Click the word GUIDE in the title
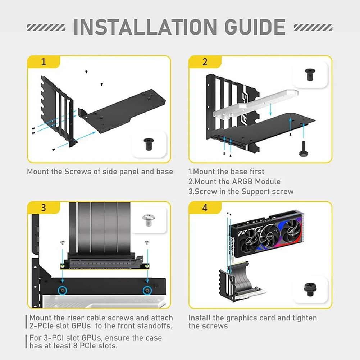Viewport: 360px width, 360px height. click(249, 27)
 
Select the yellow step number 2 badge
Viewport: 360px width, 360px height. click(205, 62)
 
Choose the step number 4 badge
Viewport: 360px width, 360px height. click(205, 208)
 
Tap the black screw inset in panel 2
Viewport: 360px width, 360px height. click(310, 74)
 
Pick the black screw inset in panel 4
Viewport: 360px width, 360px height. click(310, 290)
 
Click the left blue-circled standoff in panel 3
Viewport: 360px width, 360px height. click(63, 290)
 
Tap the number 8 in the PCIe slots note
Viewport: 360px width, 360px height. click(90, 346)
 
